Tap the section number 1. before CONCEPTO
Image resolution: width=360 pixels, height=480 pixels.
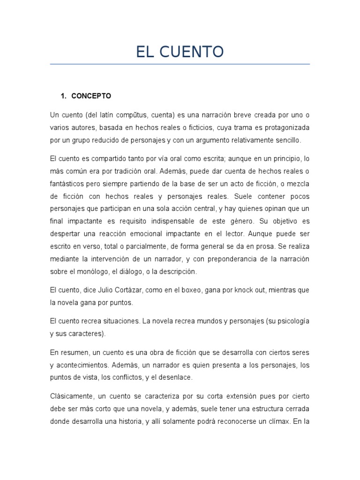coord(64,96)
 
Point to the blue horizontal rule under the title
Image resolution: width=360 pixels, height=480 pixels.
coord(180,64)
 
